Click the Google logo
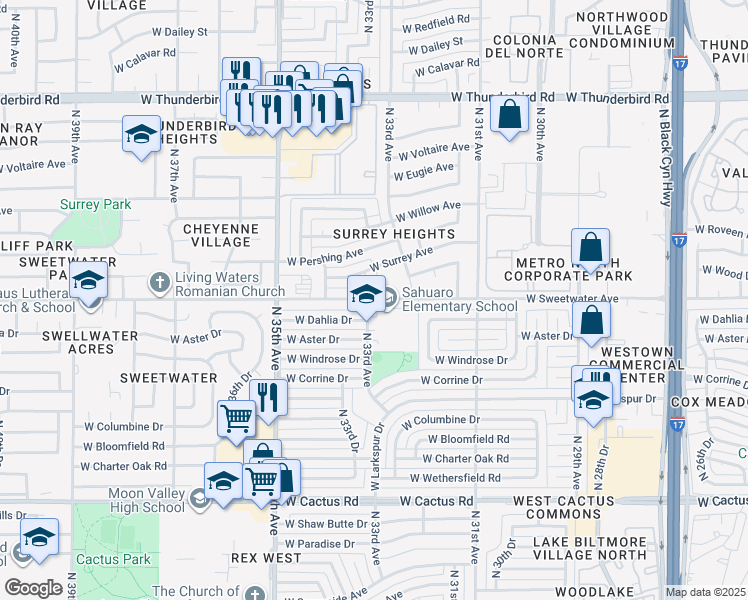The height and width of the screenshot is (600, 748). click(33, 587)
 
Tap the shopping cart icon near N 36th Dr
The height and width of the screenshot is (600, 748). click(236, 420)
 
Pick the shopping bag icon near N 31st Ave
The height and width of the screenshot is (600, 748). click(510, 115)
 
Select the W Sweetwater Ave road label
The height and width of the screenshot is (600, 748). click(571, 299)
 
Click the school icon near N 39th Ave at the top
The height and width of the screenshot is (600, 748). click(142, 135)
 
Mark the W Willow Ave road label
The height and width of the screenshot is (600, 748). click(428, 212)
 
